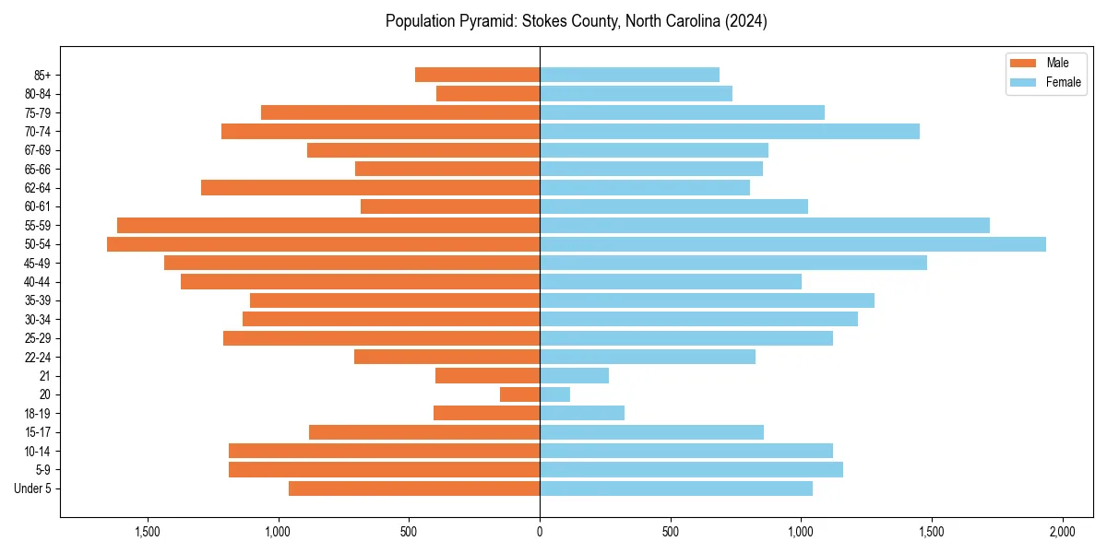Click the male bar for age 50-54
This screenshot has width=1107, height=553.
(323, 244)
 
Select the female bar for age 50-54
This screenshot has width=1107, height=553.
(792, 244)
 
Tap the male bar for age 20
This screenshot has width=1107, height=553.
(520, 394)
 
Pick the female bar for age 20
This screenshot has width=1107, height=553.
(554, 394)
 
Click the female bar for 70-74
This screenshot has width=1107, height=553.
(729, 131)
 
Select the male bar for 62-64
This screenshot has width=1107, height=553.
(370, 187)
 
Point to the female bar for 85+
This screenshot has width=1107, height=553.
(629, 75)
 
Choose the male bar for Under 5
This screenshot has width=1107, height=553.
(414, 488)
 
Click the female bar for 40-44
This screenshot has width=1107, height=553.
(671, 282)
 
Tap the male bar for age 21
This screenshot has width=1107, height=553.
(487, 376)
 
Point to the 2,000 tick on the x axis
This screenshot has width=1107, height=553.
(1062, 532)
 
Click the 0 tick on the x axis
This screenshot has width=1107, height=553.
(540, 532)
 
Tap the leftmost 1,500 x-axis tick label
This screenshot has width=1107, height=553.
(148, 532)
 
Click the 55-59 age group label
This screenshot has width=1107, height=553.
(39, 226)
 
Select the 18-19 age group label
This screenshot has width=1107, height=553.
(39, 414)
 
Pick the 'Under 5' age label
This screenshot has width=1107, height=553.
(33, 488)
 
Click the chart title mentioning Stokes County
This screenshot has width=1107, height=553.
(577, 20)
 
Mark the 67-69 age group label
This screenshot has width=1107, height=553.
(39, 150)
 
